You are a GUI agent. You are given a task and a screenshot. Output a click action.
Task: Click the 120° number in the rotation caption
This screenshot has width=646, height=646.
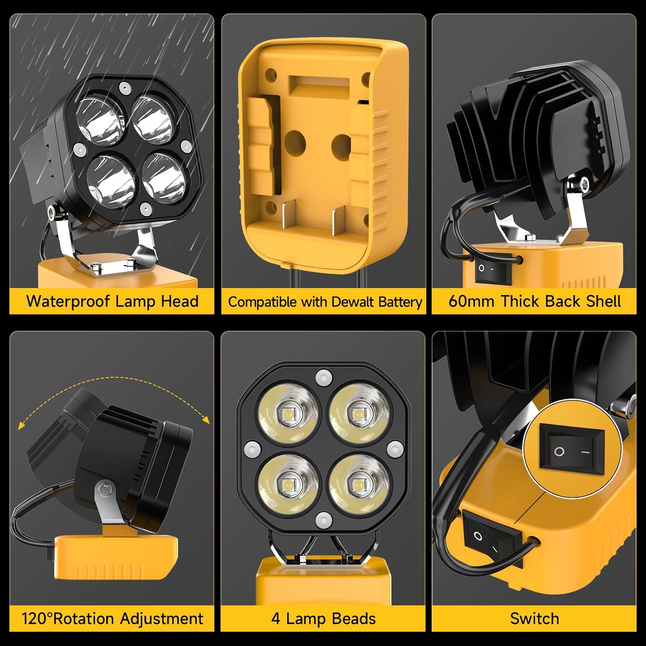click(37, 618)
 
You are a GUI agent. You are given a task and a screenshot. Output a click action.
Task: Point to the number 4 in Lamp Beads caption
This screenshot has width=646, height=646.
click(276, 618)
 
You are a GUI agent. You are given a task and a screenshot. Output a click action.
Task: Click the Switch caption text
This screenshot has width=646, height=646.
click(534, 618)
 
